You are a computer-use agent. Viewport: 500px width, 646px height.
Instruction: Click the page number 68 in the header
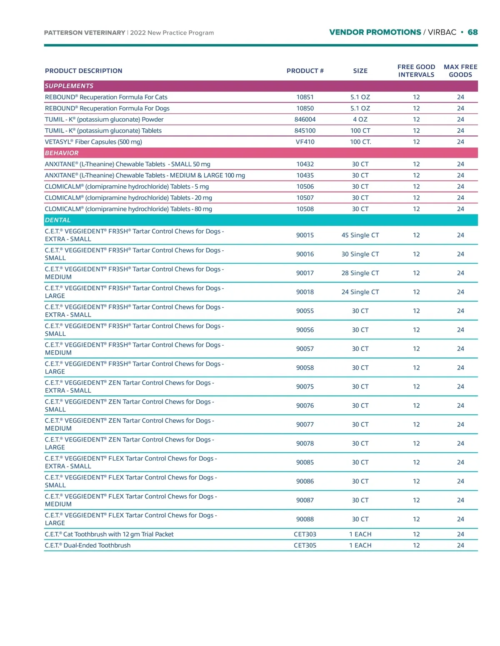(x=472, y=32)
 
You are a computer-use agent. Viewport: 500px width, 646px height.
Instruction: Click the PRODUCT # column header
(x=305, y=71)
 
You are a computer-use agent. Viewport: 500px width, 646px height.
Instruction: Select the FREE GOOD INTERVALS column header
(x=416, y=71)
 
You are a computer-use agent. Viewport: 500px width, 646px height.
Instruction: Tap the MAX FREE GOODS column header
(x=460, y=71)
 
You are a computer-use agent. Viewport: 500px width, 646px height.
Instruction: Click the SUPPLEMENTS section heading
(x=69, y=86)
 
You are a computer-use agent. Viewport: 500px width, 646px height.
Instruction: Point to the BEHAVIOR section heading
(x=62, y=153)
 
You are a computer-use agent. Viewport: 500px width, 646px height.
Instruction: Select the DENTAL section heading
(x=58, y=220)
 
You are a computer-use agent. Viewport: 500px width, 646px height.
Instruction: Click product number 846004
(x=305, y=120)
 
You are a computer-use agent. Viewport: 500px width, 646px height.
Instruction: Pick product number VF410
(x=305, y=142)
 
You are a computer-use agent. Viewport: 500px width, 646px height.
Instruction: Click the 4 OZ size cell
(x=360, y=120)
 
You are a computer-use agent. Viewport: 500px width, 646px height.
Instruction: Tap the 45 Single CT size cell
(x=360, y=235)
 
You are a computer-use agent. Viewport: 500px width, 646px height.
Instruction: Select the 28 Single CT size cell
(x=360, y=273)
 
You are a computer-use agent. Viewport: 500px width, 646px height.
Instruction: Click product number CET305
(x=305, y=545)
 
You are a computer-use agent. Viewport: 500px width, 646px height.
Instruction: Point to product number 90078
(x=305, y=443)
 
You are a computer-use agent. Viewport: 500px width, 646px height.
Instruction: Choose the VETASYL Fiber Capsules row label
(x=93, y=142)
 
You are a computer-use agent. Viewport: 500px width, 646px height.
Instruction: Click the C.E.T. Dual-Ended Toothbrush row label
(x=87, y=545)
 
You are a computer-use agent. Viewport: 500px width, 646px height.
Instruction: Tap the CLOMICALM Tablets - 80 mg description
(x=128, y=209)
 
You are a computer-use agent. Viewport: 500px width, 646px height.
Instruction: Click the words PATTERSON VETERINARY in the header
(x=85, y=32)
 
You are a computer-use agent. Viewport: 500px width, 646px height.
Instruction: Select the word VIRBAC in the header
(x=442, y=32)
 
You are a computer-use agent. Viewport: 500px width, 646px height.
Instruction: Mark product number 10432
(x=305, y=164)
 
